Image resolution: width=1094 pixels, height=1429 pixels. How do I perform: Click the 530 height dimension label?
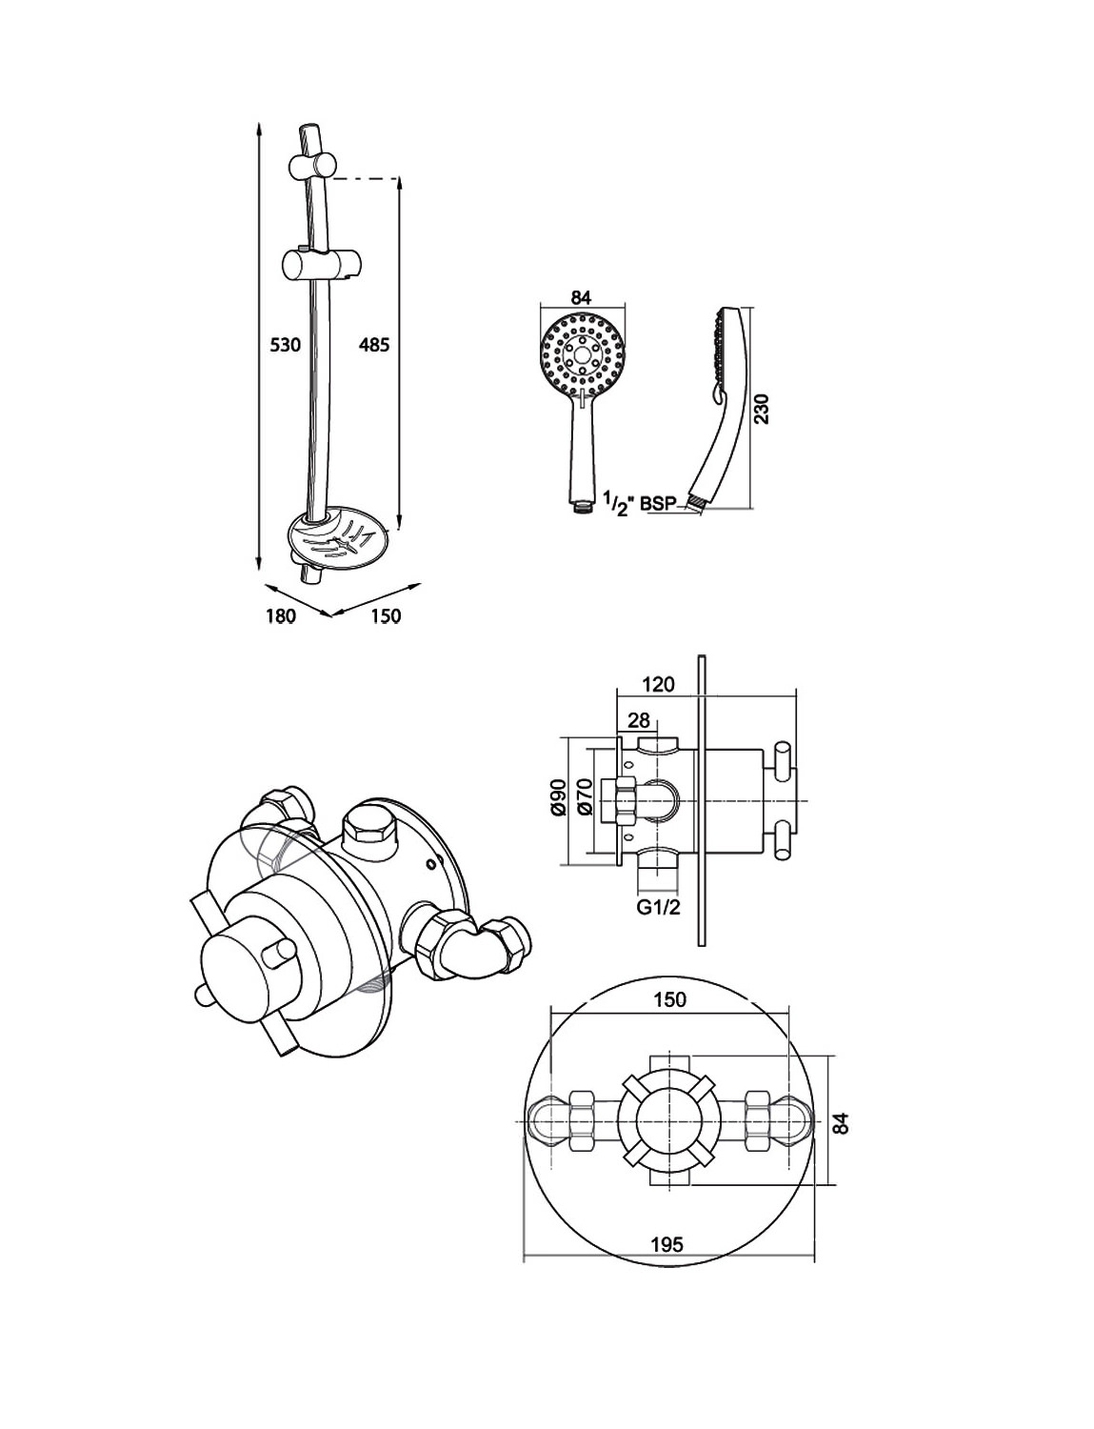(x=285, y=344)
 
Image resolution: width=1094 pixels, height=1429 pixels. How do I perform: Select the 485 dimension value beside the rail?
(x=374, y=344)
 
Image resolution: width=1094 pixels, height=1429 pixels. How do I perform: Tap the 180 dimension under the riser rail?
(x=281, y=616)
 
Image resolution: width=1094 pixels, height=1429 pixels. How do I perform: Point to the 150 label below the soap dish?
(x=385, y=616)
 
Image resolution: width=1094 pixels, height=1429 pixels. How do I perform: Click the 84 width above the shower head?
(x=581, y=297)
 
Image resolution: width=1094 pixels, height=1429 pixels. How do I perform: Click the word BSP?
(x=658, y=504)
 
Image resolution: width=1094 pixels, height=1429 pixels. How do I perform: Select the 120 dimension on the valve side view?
(x=658, y=685)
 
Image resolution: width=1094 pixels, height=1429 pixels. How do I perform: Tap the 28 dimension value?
(x=639, y=721)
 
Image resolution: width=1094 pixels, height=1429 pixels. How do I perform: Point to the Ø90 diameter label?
(x=559, y=797)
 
